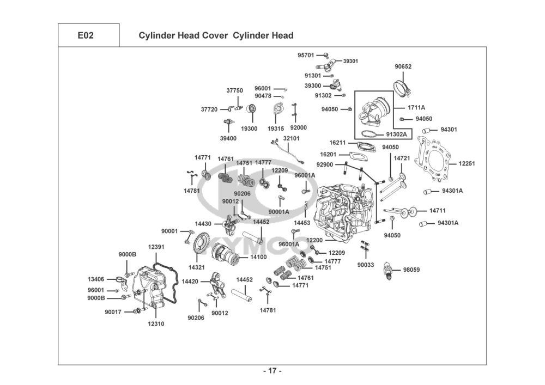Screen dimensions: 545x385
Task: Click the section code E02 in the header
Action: (86, 35)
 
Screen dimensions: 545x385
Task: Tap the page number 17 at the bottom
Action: (272, 371)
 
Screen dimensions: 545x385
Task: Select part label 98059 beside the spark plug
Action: (411, 270)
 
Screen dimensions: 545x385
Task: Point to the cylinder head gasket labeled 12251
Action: (433, 160)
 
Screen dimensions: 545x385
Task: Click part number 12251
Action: (467, 163)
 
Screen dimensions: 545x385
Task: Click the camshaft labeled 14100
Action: (226, 256)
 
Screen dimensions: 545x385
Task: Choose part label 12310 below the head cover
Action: (156, 324)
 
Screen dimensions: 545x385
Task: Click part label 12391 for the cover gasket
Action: (156, 247)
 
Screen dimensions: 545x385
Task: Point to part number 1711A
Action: (416, 108)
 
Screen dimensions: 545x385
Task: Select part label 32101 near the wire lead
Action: (291, 138)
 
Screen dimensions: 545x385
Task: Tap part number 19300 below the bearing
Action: (249, 129)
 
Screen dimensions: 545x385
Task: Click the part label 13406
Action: (95, 279)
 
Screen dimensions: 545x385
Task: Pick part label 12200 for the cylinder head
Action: (314, 240)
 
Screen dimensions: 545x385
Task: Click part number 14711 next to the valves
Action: (437, 210)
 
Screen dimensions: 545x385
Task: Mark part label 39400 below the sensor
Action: (228, 138)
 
